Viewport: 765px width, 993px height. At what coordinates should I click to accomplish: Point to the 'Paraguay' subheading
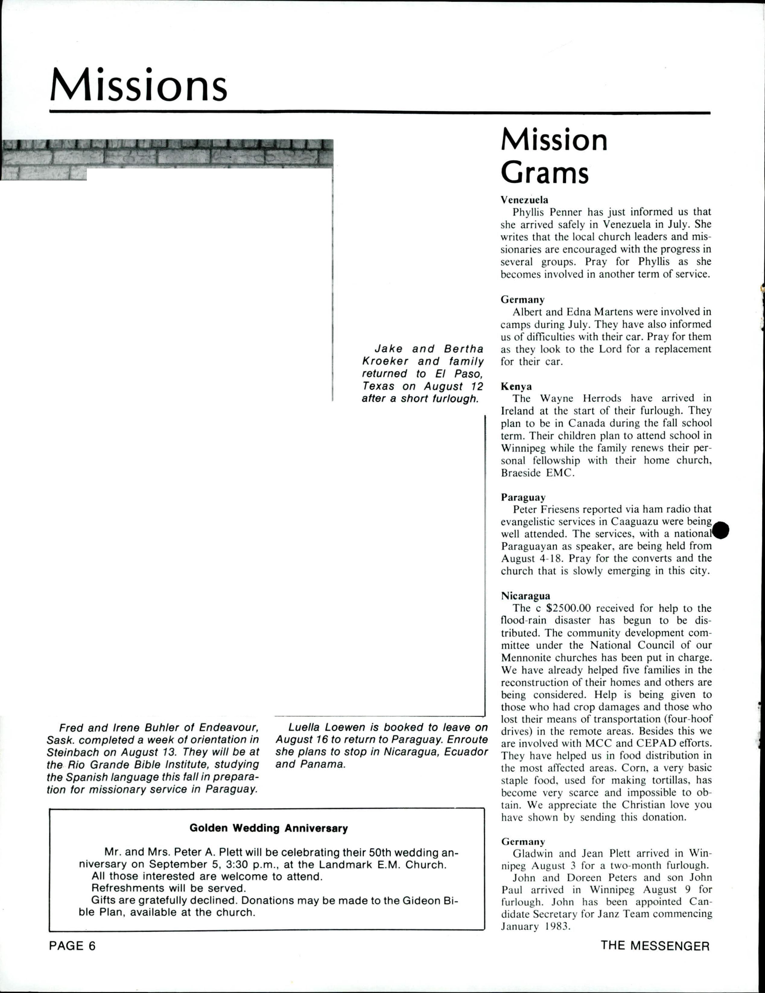(x=523, y=497)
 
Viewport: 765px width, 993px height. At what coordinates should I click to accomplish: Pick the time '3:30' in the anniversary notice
(x=240, y=864)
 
